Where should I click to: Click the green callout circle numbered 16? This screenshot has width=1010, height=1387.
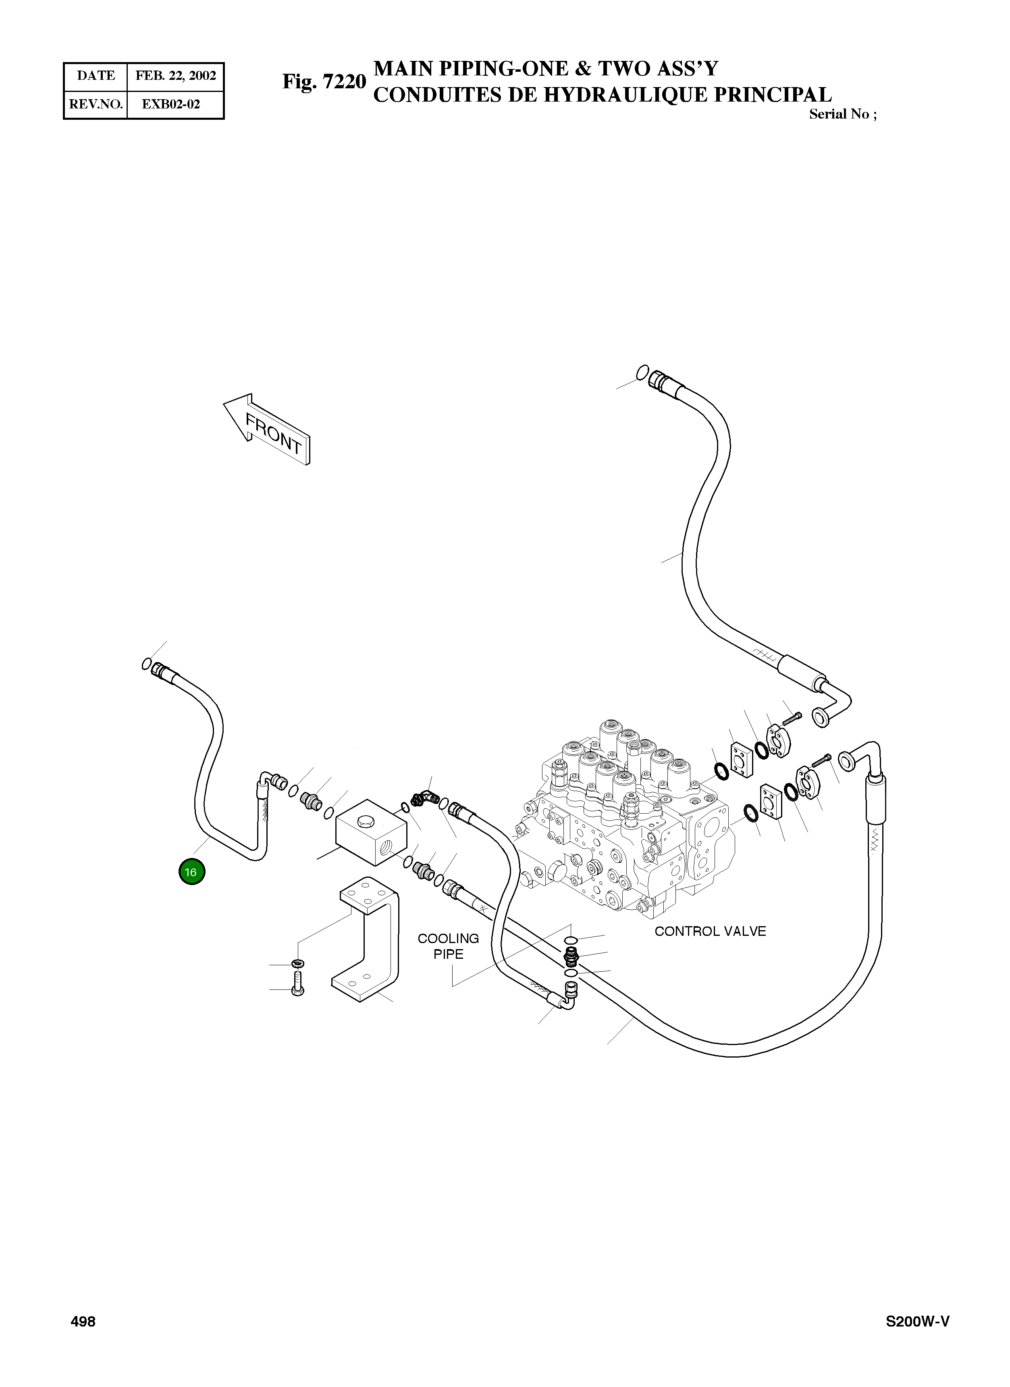point(191,872)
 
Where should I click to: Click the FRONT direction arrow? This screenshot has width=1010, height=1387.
point(268,428)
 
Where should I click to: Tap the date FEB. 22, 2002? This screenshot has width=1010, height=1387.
point(175,76)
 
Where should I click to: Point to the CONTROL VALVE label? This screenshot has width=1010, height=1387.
point(710,931)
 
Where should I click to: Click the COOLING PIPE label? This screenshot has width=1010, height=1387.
point(448,946)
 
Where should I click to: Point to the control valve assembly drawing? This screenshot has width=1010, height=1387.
point(630,819)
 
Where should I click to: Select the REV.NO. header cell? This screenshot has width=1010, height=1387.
point(96,104)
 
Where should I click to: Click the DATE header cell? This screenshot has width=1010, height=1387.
point(96,76)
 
